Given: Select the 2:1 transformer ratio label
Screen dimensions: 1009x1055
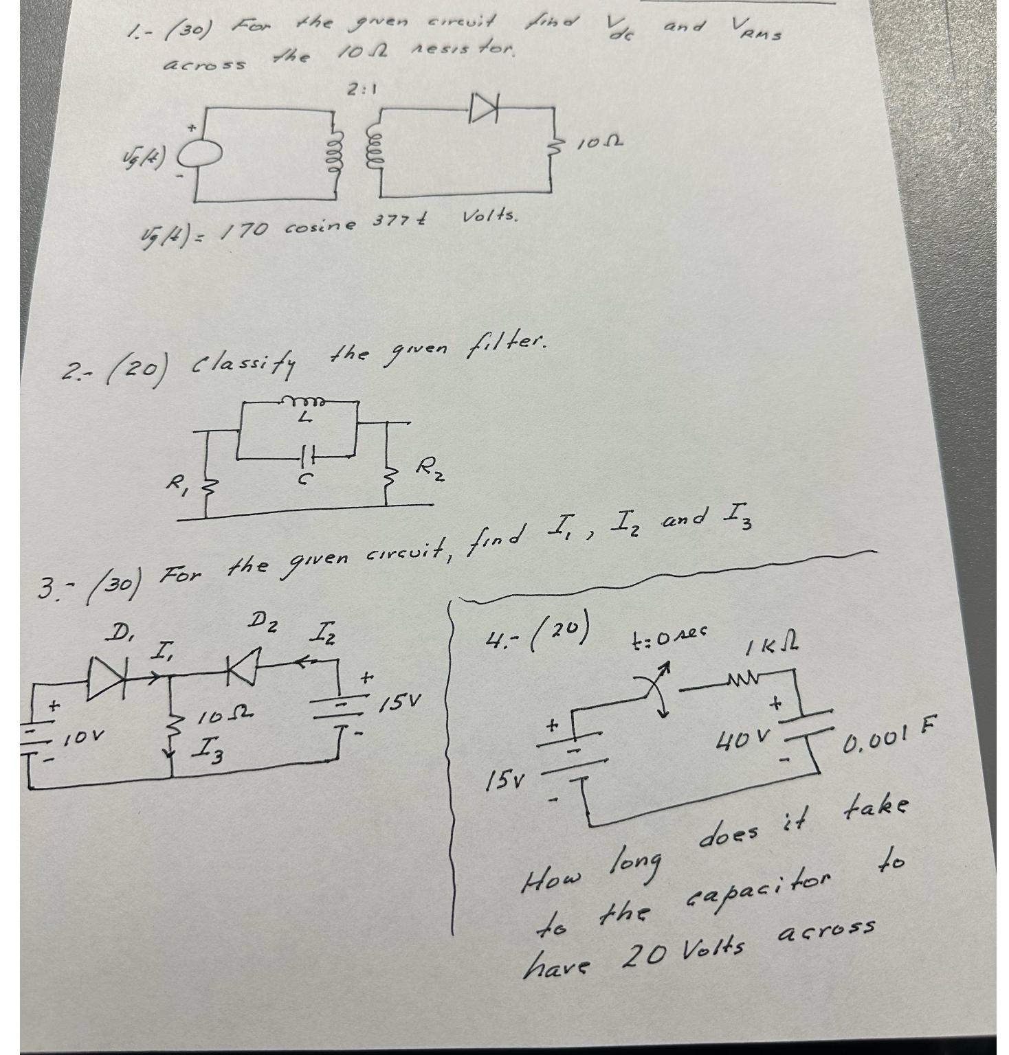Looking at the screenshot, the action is pyautogui.click(x=361, y=89).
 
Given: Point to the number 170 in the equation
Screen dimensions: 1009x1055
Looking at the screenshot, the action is pyautogui.click(x=243, y=229).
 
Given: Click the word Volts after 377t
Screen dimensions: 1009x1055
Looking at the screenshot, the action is pyautogui.click(x=489, y=217).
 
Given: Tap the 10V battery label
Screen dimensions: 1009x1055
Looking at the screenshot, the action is pyautogui.click(x=85, y=738).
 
